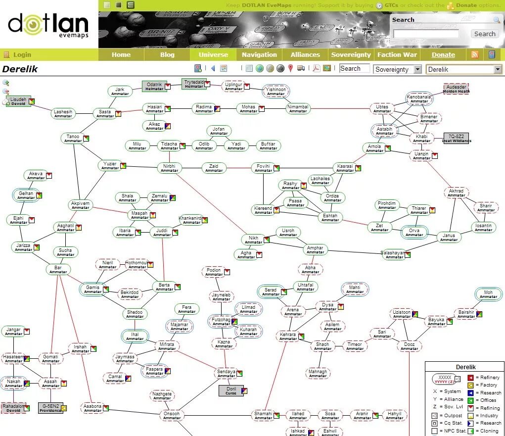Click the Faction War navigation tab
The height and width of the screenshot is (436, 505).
point(397,55)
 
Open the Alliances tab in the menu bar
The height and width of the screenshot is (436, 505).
point(305,55)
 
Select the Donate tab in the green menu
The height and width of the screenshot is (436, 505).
point(443,55)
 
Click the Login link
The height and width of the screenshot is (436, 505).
point(22,55)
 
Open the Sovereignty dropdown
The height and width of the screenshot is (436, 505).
point(398,69)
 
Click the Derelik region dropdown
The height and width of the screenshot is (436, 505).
point(464,69)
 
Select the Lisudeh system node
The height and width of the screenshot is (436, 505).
point(18,101)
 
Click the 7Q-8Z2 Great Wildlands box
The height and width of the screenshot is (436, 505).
point(456,138)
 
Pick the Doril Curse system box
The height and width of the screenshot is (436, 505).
point(231,391)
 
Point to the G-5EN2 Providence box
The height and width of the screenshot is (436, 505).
point(50,408)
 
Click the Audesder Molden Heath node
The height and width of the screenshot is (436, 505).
point(456,89)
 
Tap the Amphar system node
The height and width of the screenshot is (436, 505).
point(315,250)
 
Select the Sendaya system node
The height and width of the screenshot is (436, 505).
point(227,374)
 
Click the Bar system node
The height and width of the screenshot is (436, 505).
point(58,270)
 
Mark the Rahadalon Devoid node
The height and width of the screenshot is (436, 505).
point(13,408)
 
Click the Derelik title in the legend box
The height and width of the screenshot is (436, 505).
point(465,367)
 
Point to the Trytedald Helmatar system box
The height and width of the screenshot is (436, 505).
point(194,84)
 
